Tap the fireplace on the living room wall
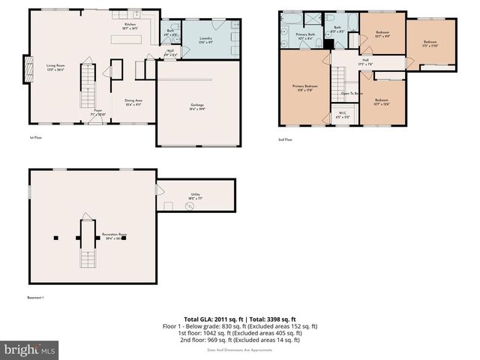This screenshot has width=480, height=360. click(31, 69)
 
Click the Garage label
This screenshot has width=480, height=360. click(197, 106)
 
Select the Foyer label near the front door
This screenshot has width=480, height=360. click(97, 113)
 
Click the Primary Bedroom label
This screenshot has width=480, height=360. click(303, 88)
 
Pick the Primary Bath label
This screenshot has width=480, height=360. click(305, 36)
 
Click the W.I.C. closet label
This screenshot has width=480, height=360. click(342, 116)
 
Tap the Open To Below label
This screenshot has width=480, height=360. click(352, 94)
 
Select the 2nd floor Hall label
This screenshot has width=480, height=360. click(364, 61)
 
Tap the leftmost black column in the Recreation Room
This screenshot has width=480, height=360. click(55, 238)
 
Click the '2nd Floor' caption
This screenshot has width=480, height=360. click(285, 139)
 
